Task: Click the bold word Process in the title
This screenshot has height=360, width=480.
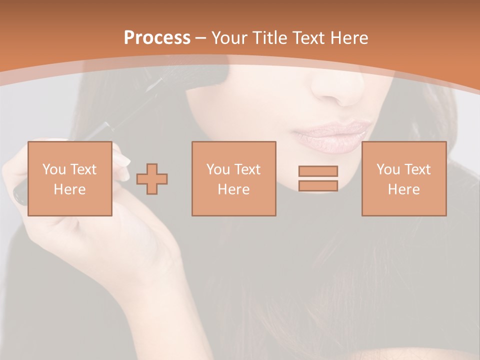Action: (x=157, y=38)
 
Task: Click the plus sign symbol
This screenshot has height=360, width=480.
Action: (x=152, y=179)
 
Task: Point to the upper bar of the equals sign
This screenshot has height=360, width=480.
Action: (x=318, y=171)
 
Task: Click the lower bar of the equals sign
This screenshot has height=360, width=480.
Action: (x=318, y=186)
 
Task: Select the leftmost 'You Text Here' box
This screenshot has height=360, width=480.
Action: (x=70, y=178)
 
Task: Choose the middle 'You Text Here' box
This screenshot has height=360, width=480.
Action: (x=233, y=178)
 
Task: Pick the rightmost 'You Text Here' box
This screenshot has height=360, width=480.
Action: (x=403, y=178)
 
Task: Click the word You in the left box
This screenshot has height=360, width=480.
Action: (x=54, y=169)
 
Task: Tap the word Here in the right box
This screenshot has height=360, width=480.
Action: (x=403, y=189)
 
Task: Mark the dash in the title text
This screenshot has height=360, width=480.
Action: (x=200, y=38)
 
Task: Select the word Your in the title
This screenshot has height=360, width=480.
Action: (x=228, y=38)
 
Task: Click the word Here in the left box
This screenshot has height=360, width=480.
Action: (x=70, y=189)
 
